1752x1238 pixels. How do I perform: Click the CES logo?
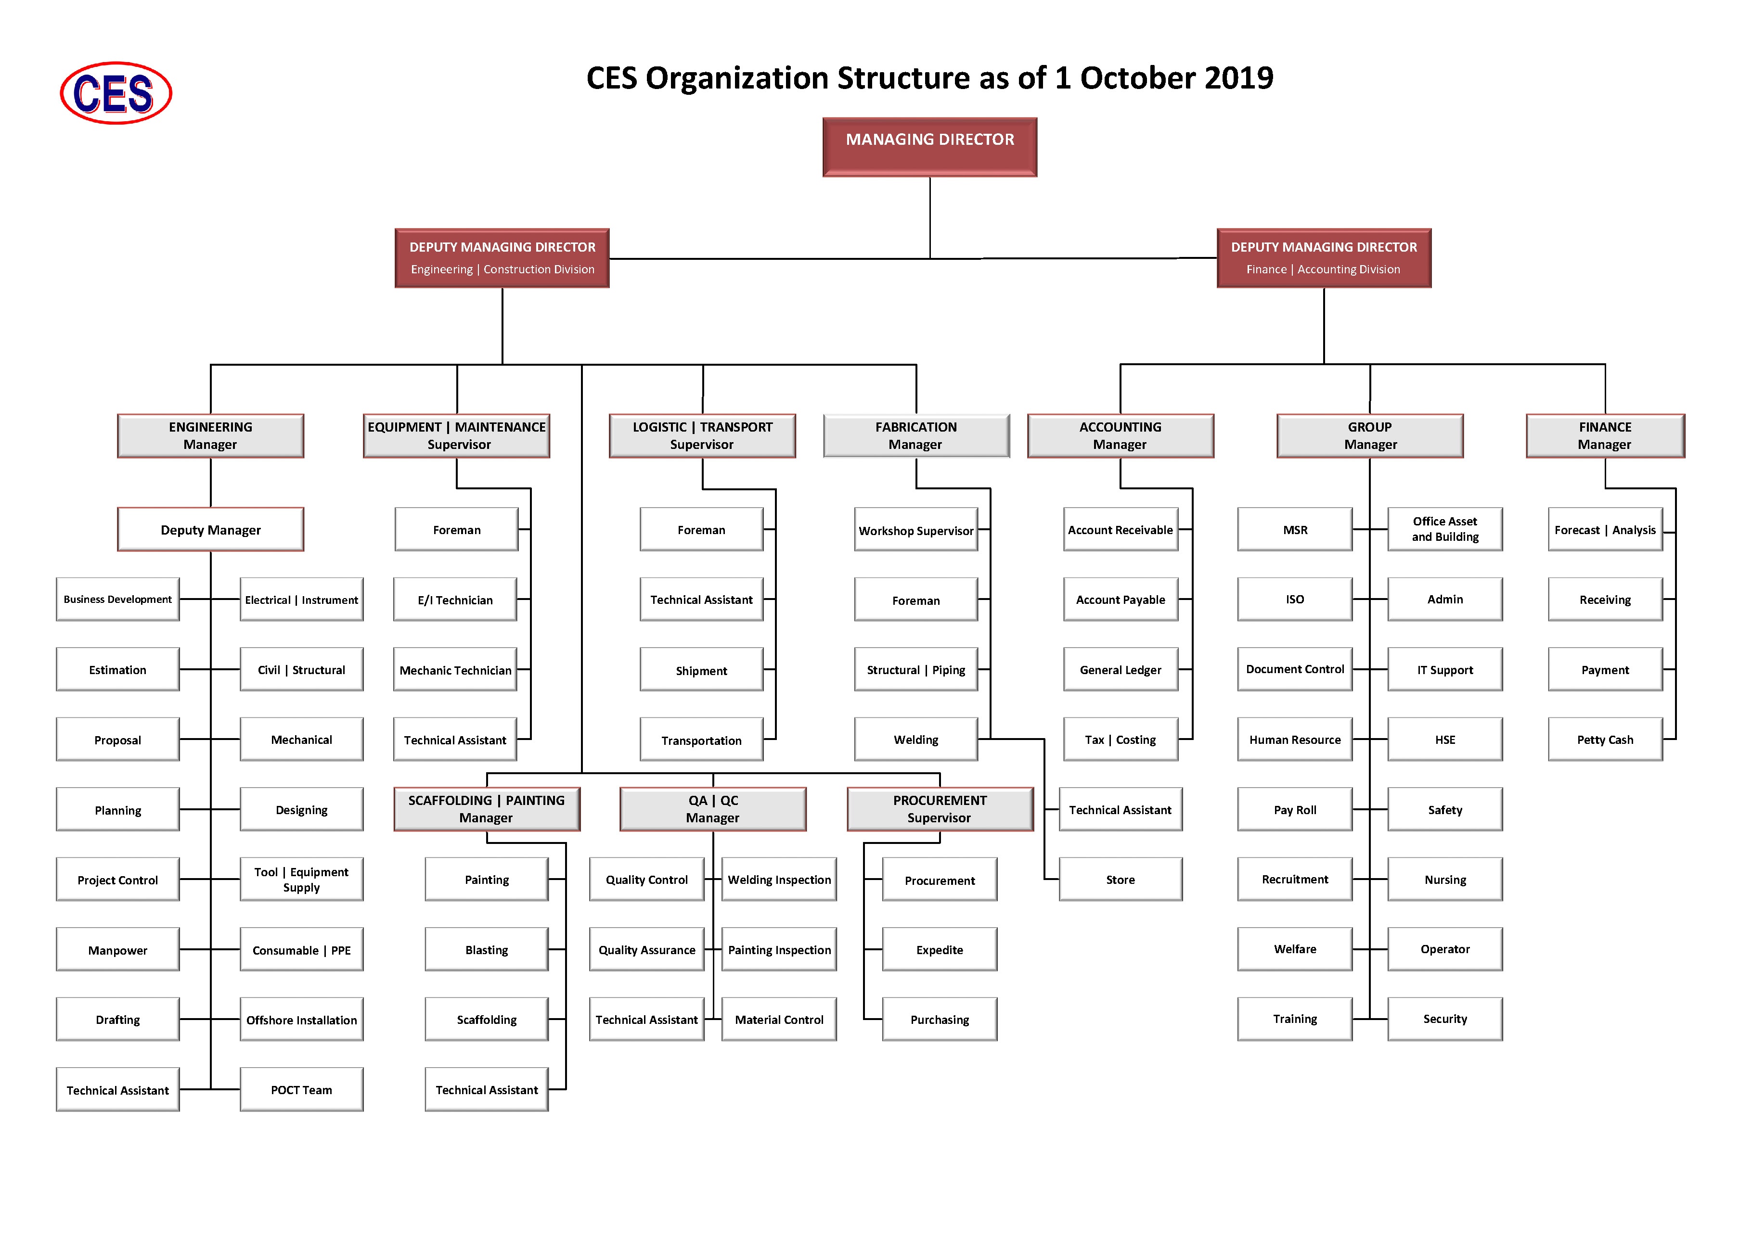click(x=116, y=93)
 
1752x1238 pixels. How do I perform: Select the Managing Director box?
click(x=929, y=146)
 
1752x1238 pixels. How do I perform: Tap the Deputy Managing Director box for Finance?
click(x=1324, y=258)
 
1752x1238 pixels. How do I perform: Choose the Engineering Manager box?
click(x=211, y=435)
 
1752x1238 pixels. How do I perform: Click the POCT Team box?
click(x=301, y=1089)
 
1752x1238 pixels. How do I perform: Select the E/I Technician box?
click(x=455, y=600)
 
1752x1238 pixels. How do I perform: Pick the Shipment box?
click(x=701, y=670)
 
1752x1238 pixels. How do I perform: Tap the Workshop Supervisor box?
click(x=915, y=529)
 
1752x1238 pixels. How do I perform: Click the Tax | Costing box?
click(x=1120, y=739)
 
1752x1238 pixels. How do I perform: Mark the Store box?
click(x=1120, y=880)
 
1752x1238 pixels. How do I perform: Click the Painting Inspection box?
click(x=779, y=949)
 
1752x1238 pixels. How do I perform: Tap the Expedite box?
click(x=940, y=949)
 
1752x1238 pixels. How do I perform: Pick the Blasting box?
click(x=487, y=949)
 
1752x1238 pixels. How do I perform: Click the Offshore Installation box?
click(x=301, y=1019)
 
